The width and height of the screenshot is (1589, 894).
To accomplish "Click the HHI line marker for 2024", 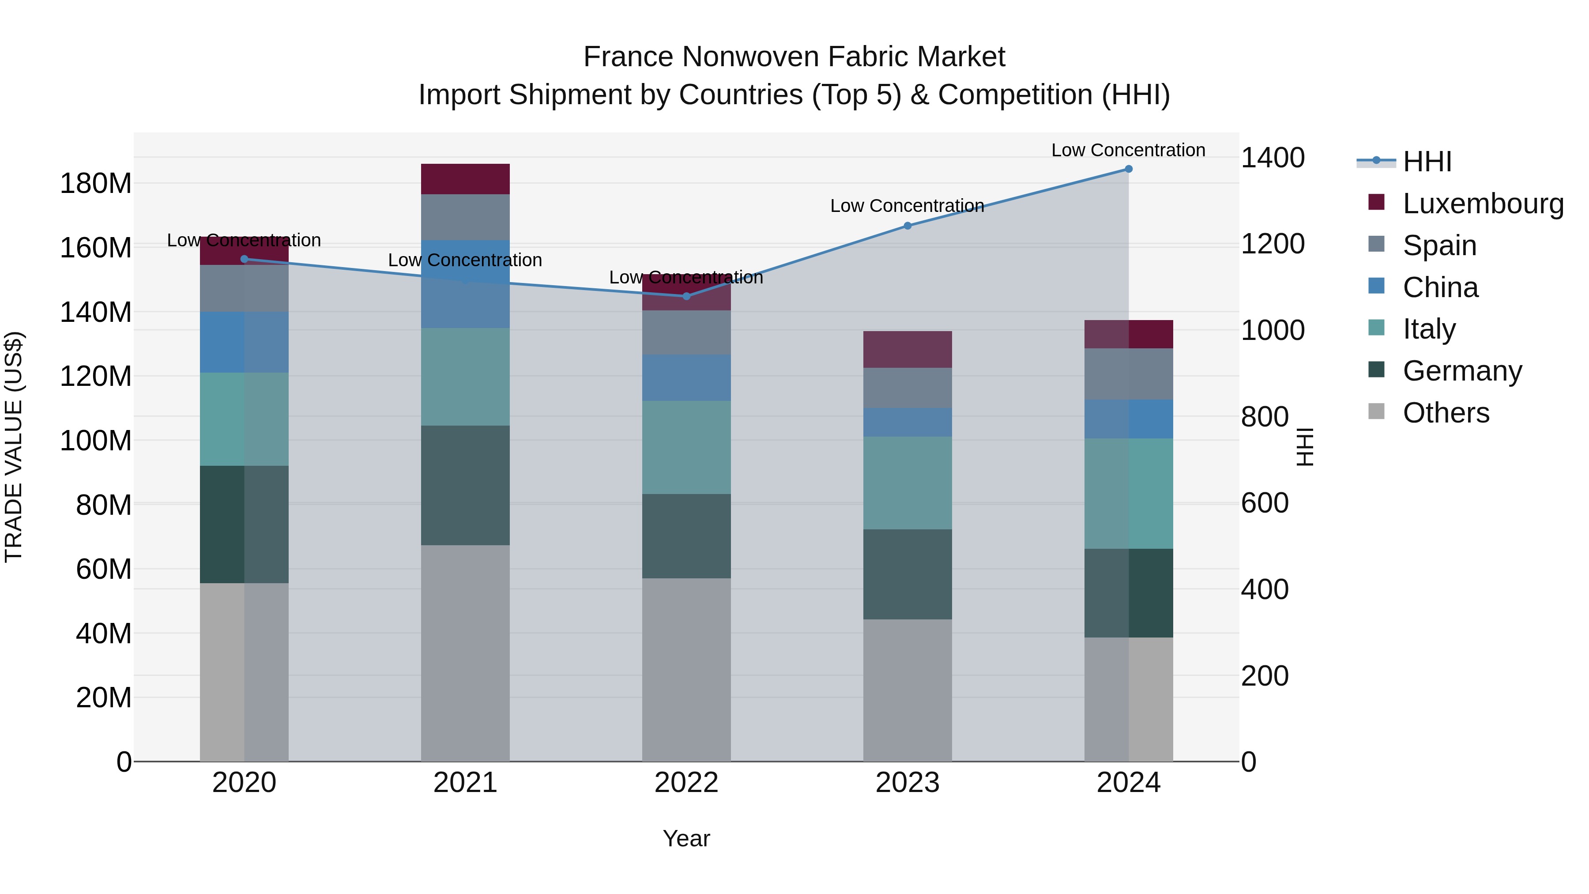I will pos(1128,169).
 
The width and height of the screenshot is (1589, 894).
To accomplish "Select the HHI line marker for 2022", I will pos(686,296).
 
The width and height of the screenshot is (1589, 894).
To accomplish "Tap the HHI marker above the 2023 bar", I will pos(907,226).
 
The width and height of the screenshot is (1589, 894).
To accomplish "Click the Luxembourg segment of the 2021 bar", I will pos(465,179).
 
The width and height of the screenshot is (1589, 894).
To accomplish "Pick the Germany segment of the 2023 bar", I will pos(907,574).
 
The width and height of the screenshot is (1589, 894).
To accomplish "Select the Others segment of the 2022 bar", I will pos(686,669).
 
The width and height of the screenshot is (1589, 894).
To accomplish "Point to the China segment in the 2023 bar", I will pos(907,422).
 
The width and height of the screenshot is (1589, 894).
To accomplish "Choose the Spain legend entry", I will pos(1439,245).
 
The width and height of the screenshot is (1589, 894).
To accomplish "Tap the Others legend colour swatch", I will pos(1376,411).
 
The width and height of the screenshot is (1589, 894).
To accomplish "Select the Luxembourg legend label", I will pos(1483,204).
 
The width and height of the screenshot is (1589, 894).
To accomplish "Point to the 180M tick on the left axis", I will pos(96,184).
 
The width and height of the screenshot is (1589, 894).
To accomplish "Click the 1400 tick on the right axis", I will pos(1273,158).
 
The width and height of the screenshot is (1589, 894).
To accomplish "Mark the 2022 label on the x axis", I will pos(686,783).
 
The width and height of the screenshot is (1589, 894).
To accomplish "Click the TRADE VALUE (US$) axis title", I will pos(14,447).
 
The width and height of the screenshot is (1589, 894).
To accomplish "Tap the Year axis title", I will pos(686,838).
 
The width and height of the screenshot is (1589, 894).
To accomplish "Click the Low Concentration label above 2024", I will pos(1128,150).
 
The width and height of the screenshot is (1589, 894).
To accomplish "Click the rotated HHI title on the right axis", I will pos(1305,447).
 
